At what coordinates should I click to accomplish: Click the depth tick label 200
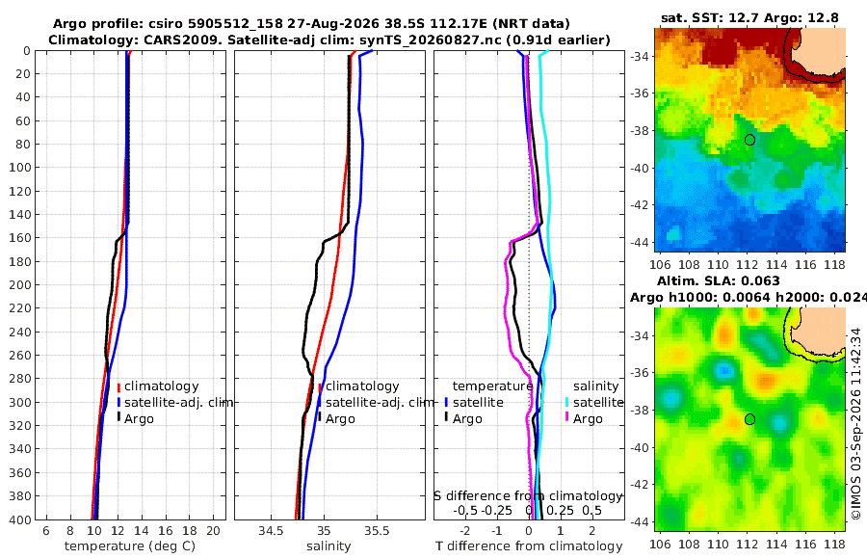pyautogui.click(x=20, y=284)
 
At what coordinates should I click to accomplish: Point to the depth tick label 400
pyautogui.click(x=20, y=519)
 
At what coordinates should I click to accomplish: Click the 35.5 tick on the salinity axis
pyautogui.click(x=377, y=531)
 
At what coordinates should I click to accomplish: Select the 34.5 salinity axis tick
pyautogui.click(x=271, y=531)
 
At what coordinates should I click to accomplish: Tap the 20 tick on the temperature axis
pyautogui.click(x=213, y=531)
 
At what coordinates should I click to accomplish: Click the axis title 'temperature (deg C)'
pyautogui.click(x=130, y=546)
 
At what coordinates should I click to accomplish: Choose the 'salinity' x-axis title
pyautogui.click(x=328, y=546)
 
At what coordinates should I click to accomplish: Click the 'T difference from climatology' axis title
pyautogui.click(x=529, y=546)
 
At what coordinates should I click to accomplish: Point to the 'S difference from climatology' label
pyautogui.click(x=529, y=496)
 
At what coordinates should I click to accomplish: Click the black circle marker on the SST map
pyautogui.click(x=749, y=140)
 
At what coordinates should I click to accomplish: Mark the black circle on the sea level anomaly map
pyautogui.click(x=749, y=419)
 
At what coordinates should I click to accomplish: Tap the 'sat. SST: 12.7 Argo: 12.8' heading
pyautogui.click(x=749, y=17)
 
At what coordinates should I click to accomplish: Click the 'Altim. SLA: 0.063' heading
pyautogui.click(x=719, y=281)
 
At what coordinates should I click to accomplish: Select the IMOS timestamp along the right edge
pyautogui.click(x=856, y=424)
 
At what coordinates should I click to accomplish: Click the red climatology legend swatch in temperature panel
pyautogui.click(x=118, y=386)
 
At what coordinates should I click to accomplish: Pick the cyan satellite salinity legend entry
pyautogui.click(x=593, y=402)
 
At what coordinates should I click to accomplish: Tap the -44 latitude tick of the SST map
pyautogui.click(x=640, y=243)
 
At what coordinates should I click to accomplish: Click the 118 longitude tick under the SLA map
pyautogui.click(x=835, y=544)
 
